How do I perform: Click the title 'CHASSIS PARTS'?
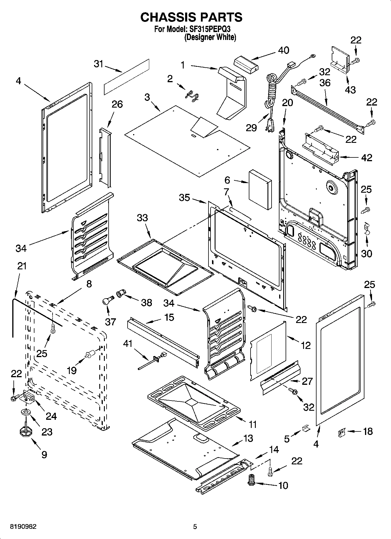click(191, 17)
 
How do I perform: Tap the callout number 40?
click(283, 50)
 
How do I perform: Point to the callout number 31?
click(99, 64)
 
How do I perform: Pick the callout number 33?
click(143, 218)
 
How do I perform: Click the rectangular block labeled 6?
click(260, 189)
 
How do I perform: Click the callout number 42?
click(367, 158)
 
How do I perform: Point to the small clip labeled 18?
click(341, 432)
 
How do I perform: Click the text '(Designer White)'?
click(210, 37)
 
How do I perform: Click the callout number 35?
click(184, 198)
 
